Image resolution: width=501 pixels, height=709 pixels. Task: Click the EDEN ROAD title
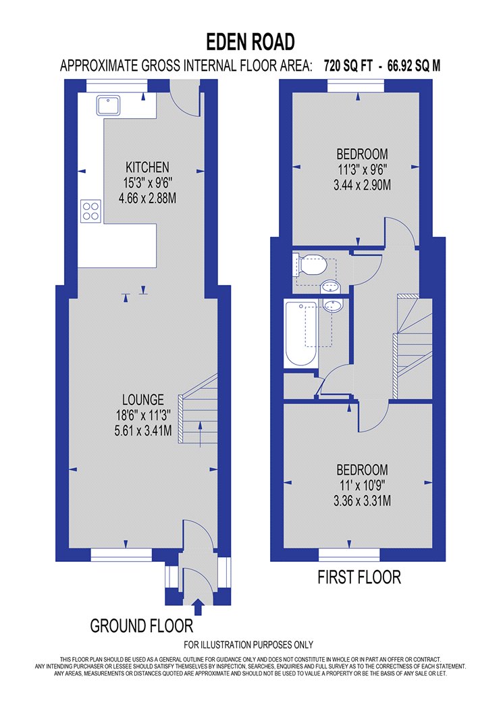tap(250, 42)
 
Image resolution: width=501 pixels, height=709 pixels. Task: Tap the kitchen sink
tap(108, 105)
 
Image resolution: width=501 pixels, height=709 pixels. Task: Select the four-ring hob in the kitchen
tap(91, 211)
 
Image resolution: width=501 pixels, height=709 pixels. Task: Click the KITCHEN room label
tap(147, 167)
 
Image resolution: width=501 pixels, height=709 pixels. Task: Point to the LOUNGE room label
tap(143, 400)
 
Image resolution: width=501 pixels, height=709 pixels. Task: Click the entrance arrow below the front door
tap(198, 606)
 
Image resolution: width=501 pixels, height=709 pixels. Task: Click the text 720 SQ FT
tap(348, 66)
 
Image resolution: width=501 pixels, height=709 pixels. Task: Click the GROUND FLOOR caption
tap(142, 626)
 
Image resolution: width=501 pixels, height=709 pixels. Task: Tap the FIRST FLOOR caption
tap(359, 577)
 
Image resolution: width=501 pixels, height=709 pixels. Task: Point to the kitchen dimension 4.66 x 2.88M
tap(147, 198)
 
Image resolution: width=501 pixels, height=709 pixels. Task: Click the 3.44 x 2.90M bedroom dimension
tap(362, 185)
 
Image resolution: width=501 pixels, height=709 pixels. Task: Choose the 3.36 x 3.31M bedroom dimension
tap(362, 501)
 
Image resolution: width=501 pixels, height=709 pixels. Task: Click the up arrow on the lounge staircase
tap(201, 435)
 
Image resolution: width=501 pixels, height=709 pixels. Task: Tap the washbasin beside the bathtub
tap(334, 305)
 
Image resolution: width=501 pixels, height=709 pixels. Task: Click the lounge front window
tap(121, 555)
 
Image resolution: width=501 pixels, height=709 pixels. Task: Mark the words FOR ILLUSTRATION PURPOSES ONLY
tap(248, 645)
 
